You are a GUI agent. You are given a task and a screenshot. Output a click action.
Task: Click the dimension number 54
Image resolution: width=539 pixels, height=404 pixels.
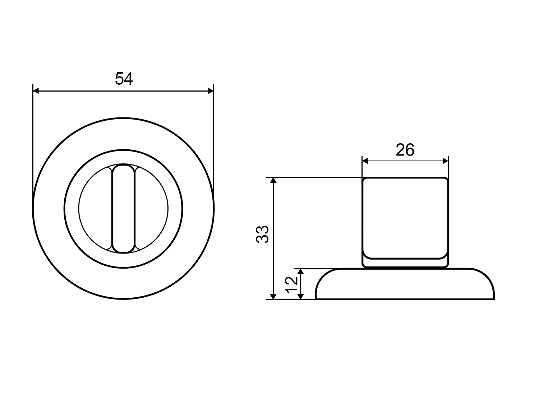(124, 79)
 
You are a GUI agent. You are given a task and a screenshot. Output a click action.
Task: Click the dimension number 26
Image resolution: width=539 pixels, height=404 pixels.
(405, 150)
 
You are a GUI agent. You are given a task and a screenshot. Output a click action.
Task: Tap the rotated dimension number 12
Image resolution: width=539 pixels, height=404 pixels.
(291, 285)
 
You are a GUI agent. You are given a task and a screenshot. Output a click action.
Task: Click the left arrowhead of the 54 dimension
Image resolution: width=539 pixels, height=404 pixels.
(36, 91)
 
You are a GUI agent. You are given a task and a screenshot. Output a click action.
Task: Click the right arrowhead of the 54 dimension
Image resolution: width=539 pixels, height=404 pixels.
(211, 91)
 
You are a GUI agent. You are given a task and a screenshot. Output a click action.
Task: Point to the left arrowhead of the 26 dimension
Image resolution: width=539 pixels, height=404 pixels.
(365, 161)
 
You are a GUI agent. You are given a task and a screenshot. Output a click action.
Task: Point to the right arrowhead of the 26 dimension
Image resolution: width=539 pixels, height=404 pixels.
(446, 161)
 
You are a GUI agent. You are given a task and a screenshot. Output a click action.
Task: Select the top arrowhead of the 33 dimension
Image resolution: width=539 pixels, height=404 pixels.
(273, 180)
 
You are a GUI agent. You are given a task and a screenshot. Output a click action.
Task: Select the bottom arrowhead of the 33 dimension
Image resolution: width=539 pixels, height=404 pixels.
(273, 297)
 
